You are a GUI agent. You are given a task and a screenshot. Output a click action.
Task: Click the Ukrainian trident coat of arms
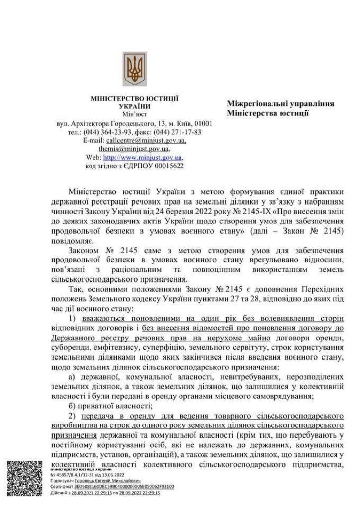pos(135,69)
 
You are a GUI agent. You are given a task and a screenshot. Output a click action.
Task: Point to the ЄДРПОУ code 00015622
pos(169,166)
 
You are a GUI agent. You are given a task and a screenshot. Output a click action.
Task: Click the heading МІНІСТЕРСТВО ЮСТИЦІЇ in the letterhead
pos(135,99)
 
